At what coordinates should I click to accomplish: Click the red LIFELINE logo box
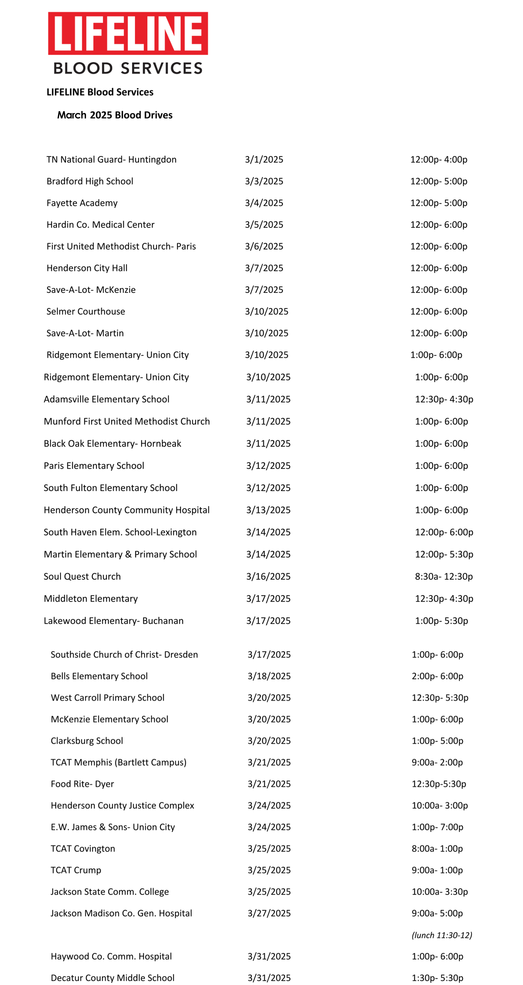(128, 33)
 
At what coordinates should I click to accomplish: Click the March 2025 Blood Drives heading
(115, 115)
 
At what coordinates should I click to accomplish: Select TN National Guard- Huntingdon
(111, 159)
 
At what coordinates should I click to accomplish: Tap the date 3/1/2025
(264, 159)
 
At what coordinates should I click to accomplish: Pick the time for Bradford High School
(438, 181)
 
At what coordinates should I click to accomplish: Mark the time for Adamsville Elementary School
(444, 399)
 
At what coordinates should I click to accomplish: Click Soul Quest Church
(82, 577)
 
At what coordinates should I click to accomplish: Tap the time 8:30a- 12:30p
(443, 577)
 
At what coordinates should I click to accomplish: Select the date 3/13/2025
(268, 510)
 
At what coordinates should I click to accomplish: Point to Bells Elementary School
(99, 676)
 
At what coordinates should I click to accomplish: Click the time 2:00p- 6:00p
(437, 676)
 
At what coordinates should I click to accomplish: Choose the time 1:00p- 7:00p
(437, 827)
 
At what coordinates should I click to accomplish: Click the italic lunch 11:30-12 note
(442, 935)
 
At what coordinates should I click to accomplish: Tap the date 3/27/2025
(269, 913)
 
